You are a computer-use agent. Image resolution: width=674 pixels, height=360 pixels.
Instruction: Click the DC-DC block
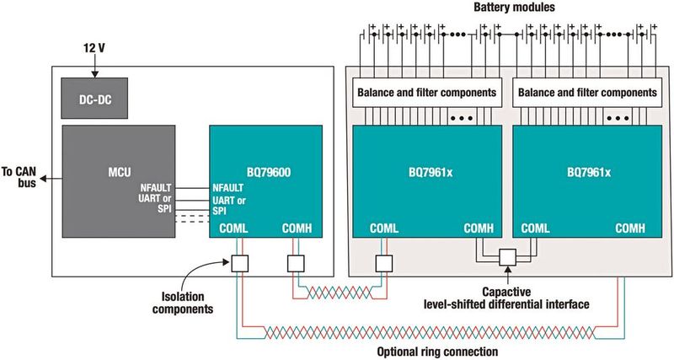[x=94, y=99]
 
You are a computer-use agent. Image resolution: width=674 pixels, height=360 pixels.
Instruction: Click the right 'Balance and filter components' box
[x=586, y=92]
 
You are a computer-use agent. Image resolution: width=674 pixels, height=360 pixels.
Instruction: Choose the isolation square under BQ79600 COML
[x=240, y=263]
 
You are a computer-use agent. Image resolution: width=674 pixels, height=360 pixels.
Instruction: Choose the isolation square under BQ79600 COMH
[x=295, y=263]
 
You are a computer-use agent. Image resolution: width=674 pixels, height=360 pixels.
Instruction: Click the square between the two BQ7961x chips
[x=508, y=257]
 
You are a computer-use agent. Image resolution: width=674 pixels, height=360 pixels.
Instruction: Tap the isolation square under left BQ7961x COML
[x=384, y=263]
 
